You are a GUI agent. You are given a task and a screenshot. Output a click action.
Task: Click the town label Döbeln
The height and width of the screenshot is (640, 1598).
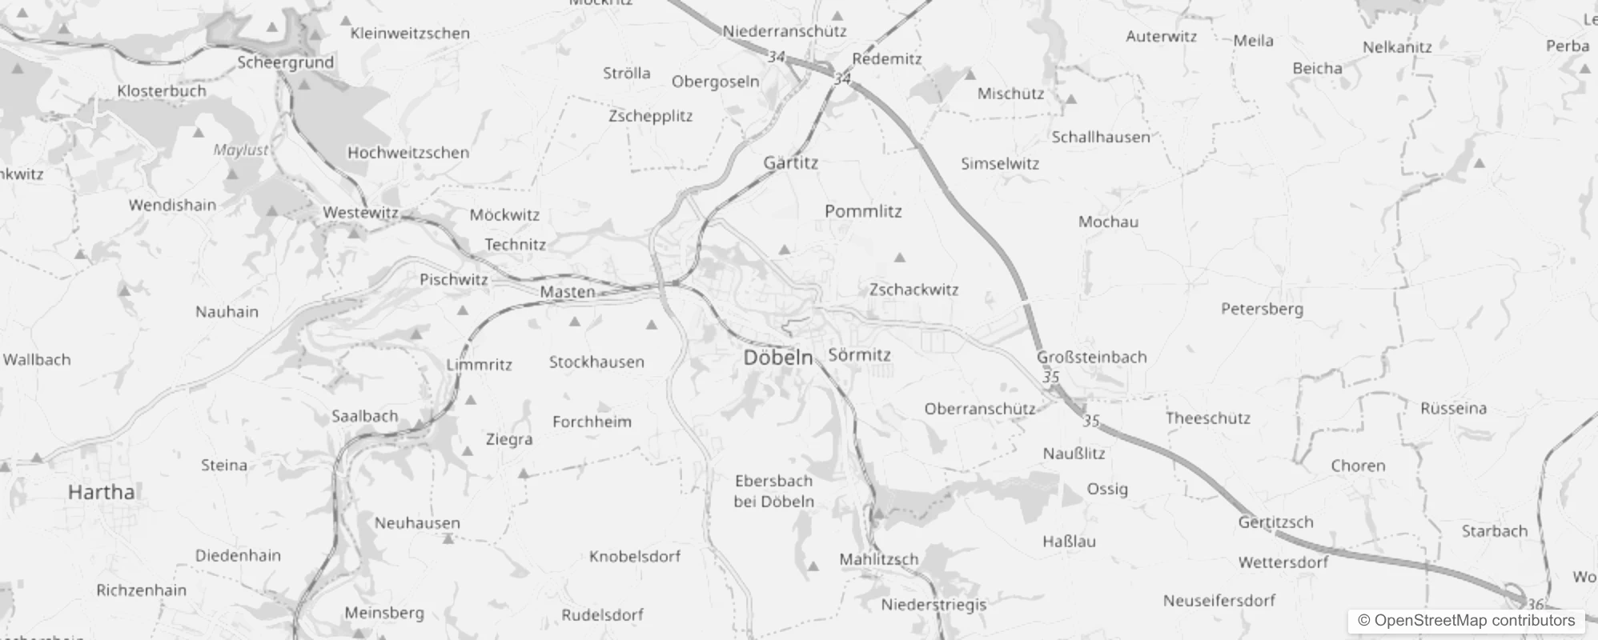point(777,358)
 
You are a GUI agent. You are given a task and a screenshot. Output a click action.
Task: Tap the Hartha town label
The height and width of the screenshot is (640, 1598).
point(101,492)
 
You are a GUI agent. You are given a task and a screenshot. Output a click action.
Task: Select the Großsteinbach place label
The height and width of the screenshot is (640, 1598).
point(1091,357)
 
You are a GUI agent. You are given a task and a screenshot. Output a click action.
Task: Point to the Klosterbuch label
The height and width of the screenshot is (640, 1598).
point(162,91)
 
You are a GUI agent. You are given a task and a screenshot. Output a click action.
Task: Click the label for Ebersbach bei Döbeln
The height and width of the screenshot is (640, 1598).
point(773,491)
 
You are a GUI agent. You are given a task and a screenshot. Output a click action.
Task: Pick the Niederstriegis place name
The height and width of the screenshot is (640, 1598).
point(934,605)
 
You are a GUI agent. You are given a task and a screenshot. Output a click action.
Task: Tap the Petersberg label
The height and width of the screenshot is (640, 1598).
point(1262,309)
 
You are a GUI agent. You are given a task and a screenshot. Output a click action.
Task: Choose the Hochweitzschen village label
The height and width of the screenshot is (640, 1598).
point(408,153)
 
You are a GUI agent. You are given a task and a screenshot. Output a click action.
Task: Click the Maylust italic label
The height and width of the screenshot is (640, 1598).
point(241,150)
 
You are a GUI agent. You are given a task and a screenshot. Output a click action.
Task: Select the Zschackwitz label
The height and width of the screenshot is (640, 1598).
point(913,290)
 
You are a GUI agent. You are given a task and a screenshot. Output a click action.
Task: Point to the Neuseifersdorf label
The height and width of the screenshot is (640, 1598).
point(1219,600)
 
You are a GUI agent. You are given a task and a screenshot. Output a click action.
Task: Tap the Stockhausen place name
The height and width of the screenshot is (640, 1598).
point(596,362)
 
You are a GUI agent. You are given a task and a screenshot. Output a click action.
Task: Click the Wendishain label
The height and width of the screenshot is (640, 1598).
point(172,205)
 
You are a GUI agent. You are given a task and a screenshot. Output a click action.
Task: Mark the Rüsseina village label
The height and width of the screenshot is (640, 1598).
point(1453,409)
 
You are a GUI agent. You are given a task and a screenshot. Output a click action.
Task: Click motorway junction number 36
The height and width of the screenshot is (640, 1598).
point(1535,605)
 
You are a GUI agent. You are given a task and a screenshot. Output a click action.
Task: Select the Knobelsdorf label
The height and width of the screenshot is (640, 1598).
point(635,556)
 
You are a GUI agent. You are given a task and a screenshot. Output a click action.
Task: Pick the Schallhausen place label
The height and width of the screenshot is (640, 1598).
point(1100,137)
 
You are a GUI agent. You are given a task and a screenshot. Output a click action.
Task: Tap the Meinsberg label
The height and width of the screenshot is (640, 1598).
point(384,613)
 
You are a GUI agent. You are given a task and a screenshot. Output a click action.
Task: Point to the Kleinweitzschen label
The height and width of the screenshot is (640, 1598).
point(410,34)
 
